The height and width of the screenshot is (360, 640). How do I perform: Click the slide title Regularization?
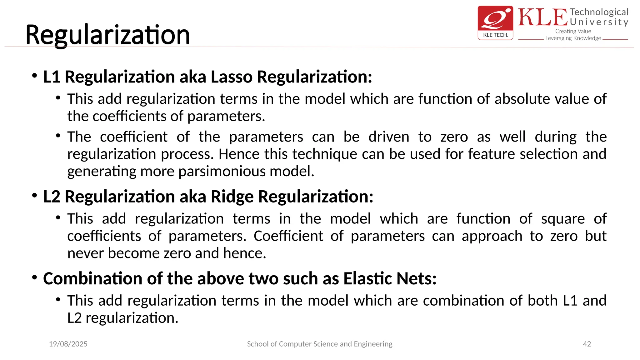[x=107, y=35]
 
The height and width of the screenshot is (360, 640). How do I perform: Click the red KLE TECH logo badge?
[x=495, y=22]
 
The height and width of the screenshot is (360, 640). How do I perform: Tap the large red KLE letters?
[x=542, y=17]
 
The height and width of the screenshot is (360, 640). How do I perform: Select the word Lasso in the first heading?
[x=231, y=77]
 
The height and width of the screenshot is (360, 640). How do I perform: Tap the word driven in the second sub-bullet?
[x=389, y=137]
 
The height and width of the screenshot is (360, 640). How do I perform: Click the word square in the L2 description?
[x=563, y=219]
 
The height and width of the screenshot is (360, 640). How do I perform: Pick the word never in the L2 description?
[x=86, y=253]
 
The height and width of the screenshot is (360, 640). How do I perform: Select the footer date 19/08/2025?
[x=68, y=344]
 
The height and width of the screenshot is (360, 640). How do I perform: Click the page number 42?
[x=587, y=344]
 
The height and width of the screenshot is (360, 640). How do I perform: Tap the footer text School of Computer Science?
[x=319, y=344]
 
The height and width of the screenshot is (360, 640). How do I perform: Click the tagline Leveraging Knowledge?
[x=573, y=38]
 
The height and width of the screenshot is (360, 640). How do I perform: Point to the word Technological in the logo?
[x=599, y=12]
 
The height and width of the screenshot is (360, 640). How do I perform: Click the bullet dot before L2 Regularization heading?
[x=35, y=196]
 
